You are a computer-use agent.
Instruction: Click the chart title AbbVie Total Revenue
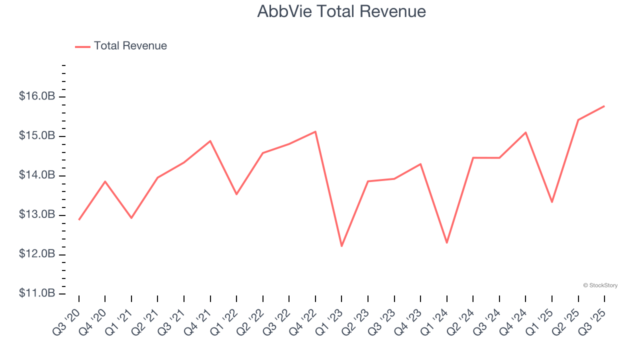[x=341, y=11]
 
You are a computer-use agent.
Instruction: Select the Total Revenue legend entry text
[x=130, y=46]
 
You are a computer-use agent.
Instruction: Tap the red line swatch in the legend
[x=82, y=46]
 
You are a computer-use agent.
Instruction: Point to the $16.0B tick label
[x=37, y=96]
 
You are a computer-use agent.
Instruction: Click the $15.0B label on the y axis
[x=37, y=136]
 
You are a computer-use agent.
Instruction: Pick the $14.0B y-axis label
[x=37, y=175]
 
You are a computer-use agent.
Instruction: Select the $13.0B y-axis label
[x=37, y=215]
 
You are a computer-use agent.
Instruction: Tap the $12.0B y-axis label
[x=37, y=254]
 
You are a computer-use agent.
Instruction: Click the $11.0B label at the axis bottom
[x=37, y=293]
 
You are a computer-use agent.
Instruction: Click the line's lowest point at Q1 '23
[x=341, y=246]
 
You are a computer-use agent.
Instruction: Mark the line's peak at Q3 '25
[x=604, y=106]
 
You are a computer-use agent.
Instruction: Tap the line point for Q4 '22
[x=315, y=131]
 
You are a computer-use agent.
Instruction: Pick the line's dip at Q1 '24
[x=446, y=243]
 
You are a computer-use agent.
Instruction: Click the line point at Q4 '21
[x=210, y=141]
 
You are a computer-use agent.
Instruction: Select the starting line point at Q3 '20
[x=79, y=219]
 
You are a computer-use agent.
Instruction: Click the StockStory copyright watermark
[x=600, y=285]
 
